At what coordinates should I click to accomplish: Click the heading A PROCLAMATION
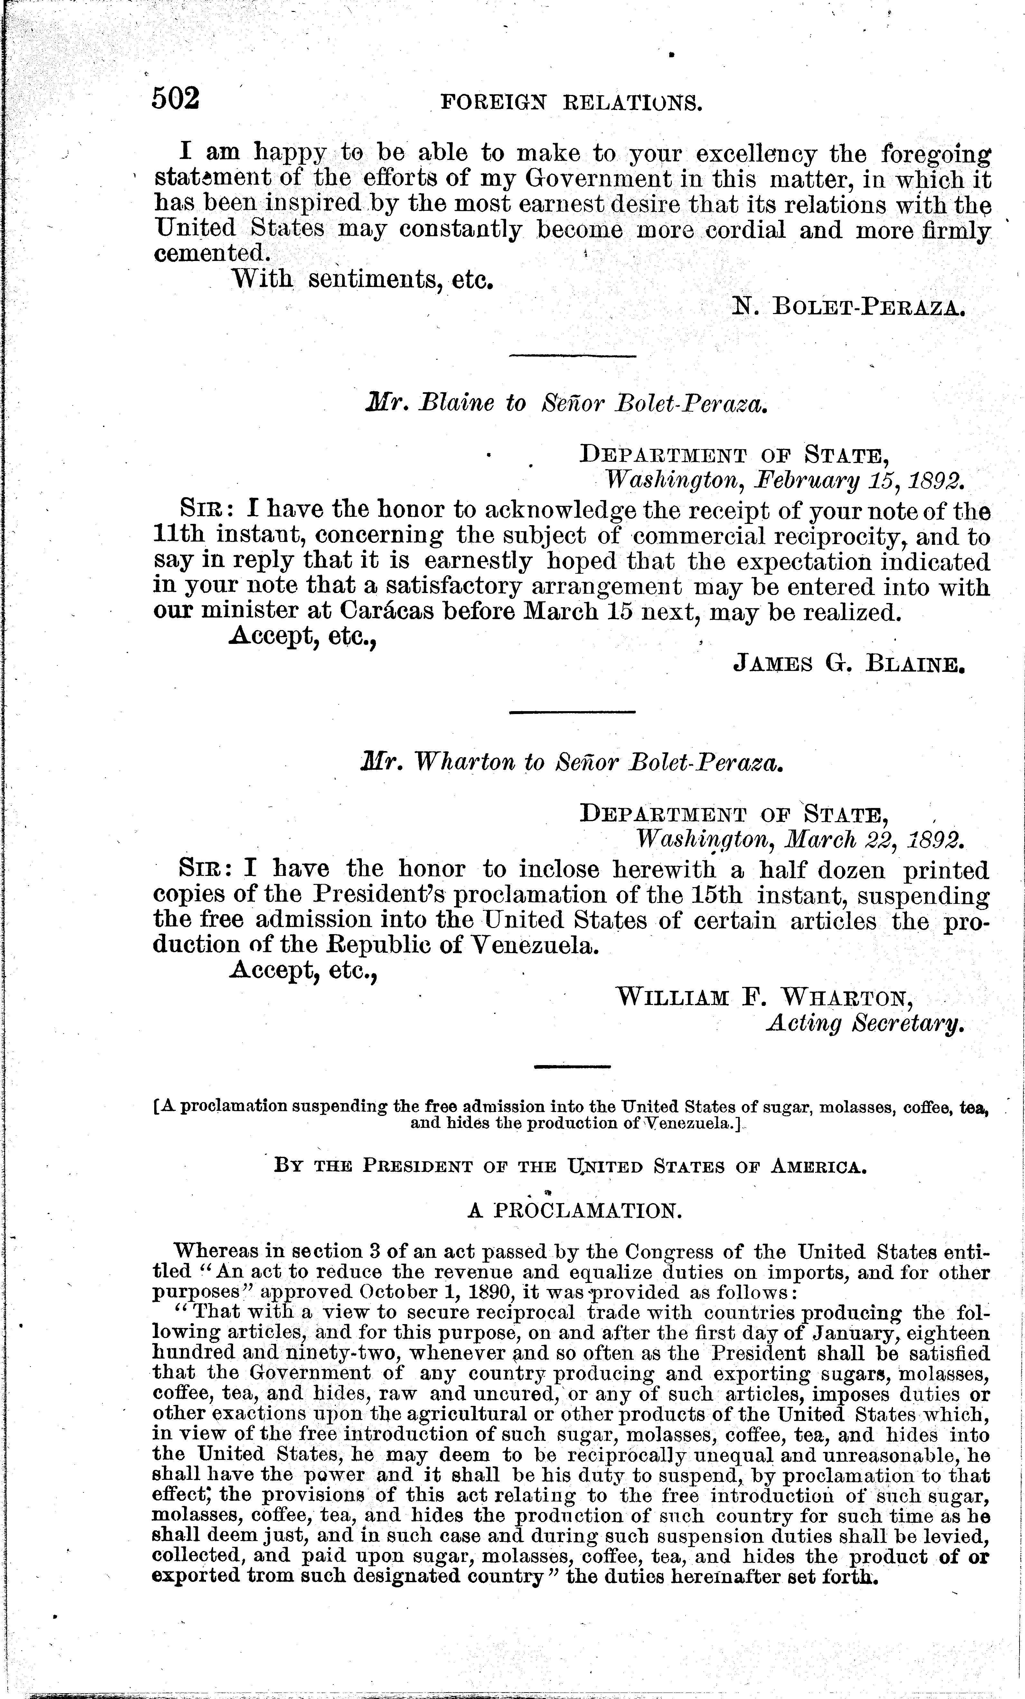(x=575, y=1212)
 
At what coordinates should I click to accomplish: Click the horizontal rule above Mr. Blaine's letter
(x=572, y=356)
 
